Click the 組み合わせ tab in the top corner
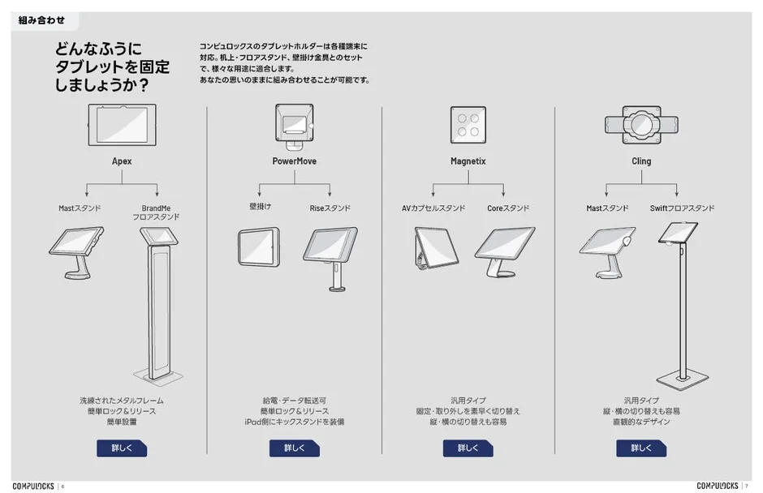point(42,20)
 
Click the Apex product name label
point(122,161)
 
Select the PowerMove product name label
point(294,161)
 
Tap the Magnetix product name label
point(468,161)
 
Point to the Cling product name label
point(641,161)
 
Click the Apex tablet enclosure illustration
point(122,125)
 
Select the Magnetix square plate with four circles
point(468,125)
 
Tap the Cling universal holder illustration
point(641,125)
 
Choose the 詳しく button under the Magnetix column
point(468,448)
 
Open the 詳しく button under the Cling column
point(641,448)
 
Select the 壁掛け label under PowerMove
point(260,208)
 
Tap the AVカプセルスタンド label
point(433,208)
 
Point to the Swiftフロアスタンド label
point(682,208)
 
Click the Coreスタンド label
point(507,208)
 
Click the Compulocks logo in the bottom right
point(717,486)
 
